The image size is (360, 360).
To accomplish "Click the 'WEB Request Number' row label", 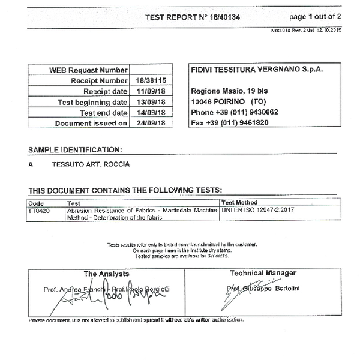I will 88,70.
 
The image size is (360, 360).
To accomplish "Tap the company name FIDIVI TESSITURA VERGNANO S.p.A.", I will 256,70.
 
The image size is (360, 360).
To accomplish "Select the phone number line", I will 234,112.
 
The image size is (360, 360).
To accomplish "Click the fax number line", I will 229,122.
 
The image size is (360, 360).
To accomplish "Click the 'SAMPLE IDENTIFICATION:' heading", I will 75,149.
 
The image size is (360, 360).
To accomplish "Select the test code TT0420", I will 39,211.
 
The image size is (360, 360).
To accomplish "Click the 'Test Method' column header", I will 239,203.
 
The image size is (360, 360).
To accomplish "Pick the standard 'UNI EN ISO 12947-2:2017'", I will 259,211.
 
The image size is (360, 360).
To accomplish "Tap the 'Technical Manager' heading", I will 263,273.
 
